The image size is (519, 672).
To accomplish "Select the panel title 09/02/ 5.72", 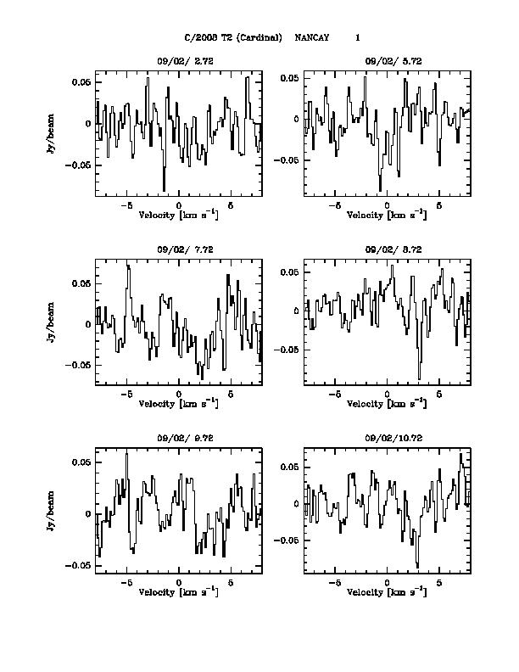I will coord(388,61).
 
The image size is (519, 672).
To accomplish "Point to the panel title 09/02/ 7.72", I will coord(179,249).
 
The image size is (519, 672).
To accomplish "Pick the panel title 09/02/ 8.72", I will coord(388,249).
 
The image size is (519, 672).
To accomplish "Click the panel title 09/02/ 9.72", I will coord(179,440).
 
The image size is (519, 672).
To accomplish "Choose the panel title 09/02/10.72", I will coord(388,440).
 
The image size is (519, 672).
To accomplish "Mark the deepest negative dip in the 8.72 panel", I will coord(419,378).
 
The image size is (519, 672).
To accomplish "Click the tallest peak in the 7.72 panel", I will coord(127,266).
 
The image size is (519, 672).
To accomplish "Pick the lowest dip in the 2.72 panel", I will coord(164,190).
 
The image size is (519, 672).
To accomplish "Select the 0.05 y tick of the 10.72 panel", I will coord(290,467).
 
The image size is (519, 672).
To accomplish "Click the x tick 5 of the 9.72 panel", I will coord(231,583).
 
